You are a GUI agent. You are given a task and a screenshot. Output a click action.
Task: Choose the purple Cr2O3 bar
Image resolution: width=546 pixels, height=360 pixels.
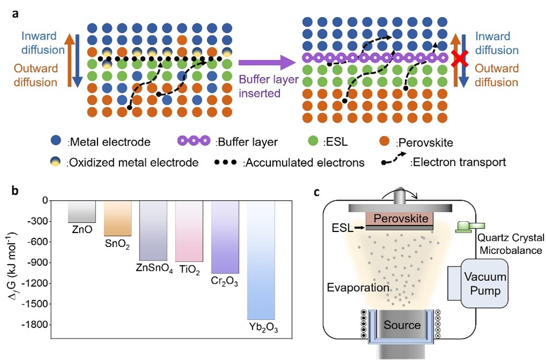pyautogui.click(x=225, y=236)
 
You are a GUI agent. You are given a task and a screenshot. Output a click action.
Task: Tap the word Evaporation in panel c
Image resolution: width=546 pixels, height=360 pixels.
pyautogui.click(x=358, y=287)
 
